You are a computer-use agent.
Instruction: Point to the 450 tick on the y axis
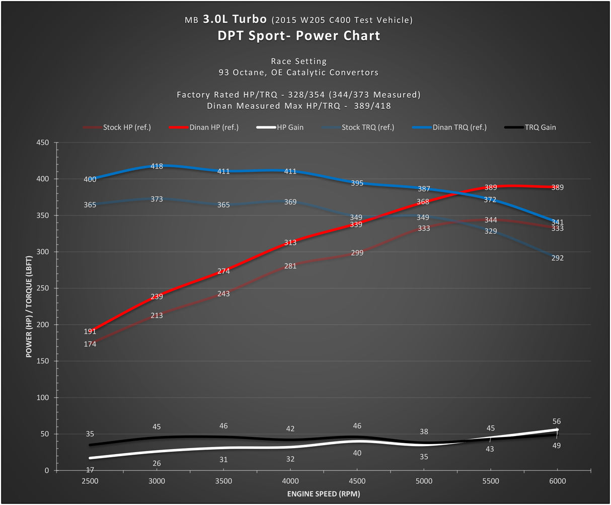[x=43, y=143]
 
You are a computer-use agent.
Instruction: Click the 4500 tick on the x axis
[x=357, y=481]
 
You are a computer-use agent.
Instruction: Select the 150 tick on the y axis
[x=43, y=362]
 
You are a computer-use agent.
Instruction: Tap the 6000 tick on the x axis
[x=557, y=481]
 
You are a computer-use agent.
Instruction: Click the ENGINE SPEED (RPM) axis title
[x=324, y=494]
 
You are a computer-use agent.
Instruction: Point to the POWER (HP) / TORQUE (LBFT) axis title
[x=30, y=306]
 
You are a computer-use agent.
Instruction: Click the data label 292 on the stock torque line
[x=557, y=258]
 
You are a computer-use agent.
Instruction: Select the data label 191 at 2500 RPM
[x=90, y=332]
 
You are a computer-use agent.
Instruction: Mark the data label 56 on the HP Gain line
[x=556, y=421]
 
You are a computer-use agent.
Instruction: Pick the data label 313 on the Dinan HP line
[x=290, y=243]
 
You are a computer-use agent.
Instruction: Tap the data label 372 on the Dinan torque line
[x=490, y=200]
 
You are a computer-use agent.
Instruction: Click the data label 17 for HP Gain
[x=90, y=470]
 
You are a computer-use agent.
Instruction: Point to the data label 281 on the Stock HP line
[x=290, y=266]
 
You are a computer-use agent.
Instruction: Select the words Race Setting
[x=299, y=61]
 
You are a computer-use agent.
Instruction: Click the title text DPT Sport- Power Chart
[x=299, y=36]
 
